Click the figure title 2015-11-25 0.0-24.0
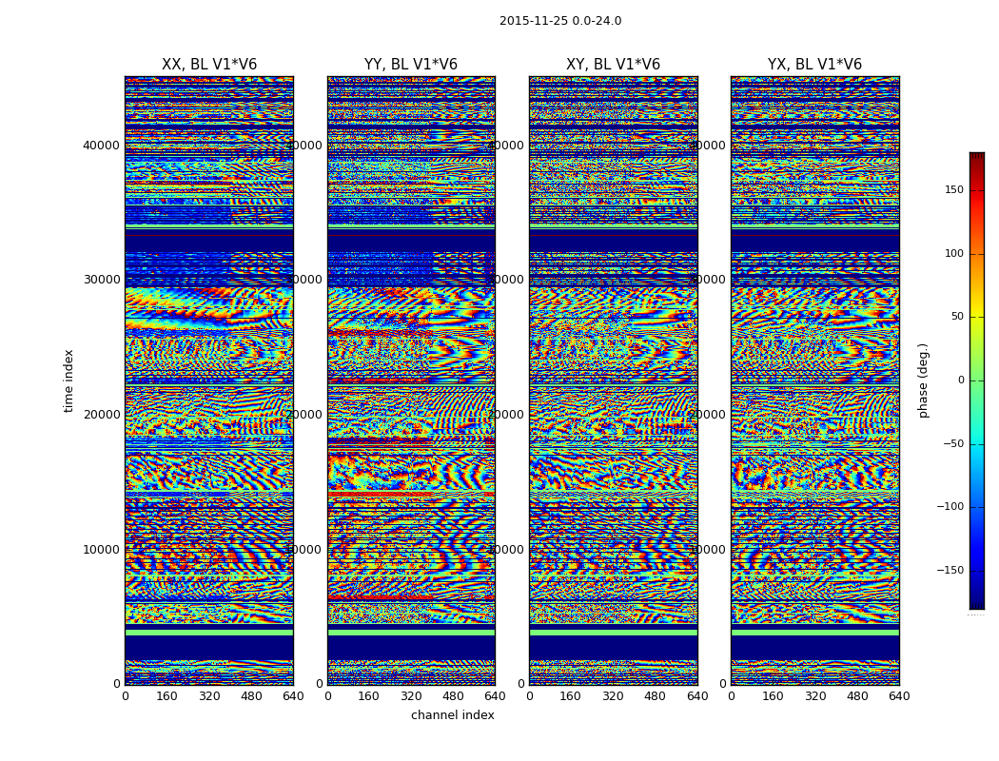[x=560, y=21]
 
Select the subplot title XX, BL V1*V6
[x=209, y=65]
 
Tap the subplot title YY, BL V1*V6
[x=411, y=65]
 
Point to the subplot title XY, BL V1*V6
[x=613, y=65]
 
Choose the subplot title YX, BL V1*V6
[x=814, y=65]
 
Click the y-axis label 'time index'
[x=69, y=380]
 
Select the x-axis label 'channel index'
[x=453, y=715]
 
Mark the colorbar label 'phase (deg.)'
[x=923, y=380]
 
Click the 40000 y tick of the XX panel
[x=102, y=146]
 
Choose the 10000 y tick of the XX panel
[x=102, y=550]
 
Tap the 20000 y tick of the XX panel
[x=102, y=415]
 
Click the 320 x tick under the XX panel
[x=209, y=696]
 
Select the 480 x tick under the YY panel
[x=453, y=696]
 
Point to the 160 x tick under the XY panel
[x=571, y=696]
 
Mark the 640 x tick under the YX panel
[x=899, y=696]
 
